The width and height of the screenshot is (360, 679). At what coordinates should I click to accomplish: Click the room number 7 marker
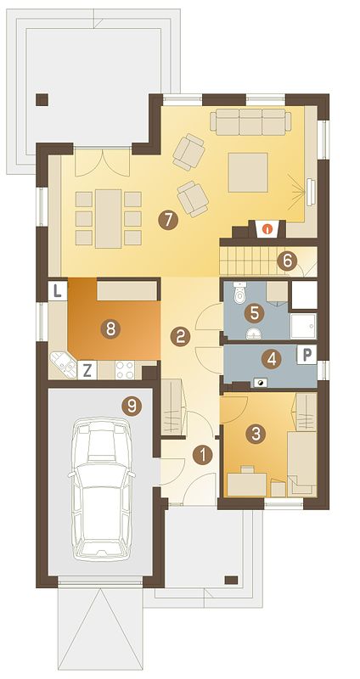pos(168,221)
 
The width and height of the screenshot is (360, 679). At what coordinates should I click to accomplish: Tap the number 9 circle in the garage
pos(132,407)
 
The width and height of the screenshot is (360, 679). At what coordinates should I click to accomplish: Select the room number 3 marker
pos(256,434)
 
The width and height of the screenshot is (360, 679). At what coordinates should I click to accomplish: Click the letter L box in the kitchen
pos(58,290)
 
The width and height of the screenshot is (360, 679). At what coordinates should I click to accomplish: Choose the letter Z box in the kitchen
pos(87,371)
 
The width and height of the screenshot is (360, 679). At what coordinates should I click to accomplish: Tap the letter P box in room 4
pos(307,355)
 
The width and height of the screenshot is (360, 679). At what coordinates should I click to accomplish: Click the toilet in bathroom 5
pos(239,292)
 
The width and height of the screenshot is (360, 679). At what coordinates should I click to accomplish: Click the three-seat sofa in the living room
pos(250,121)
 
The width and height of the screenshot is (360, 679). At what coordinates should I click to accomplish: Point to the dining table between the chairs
pos(109,218)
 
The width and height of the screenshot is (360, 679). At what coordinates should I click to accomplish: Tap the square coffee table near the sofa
pos(248,172)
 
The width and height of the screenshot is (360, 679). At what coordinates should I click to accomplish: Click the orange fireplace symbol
pos(269,227)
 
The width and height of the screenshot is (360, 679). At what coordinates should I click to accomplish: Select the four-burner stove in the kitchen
pos(125,370)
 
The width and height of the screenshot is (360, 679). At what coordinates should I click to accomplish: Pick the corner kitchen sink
pos(64,365)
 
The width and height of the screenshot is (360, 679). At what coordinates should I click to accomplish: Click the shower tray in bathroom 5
pos(303,326)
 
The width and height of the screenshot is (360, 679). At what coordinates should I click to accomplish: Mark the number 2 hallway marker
pos(180,336)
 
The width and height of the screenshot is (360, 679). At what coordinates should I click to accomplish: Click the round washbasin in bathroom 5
pos(254,334)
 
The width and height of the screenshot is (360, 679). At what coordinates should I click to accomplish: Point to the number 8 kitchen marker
pos(110,329)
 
